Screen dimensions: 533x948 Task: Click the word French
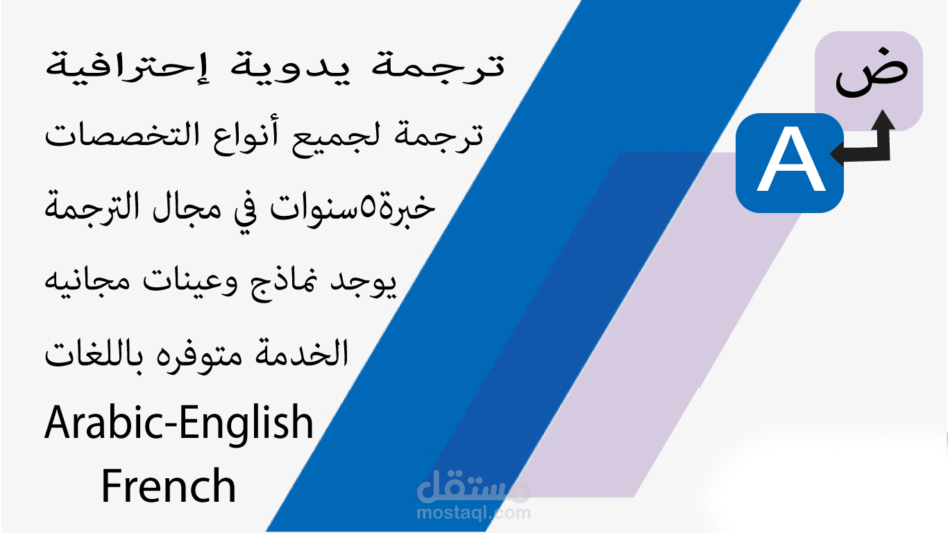point(169,486)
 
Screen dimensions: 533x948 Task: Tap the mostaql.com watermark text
point(474,514)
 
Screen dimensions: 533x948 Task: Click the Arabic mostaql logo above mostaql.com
point(474,488)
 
